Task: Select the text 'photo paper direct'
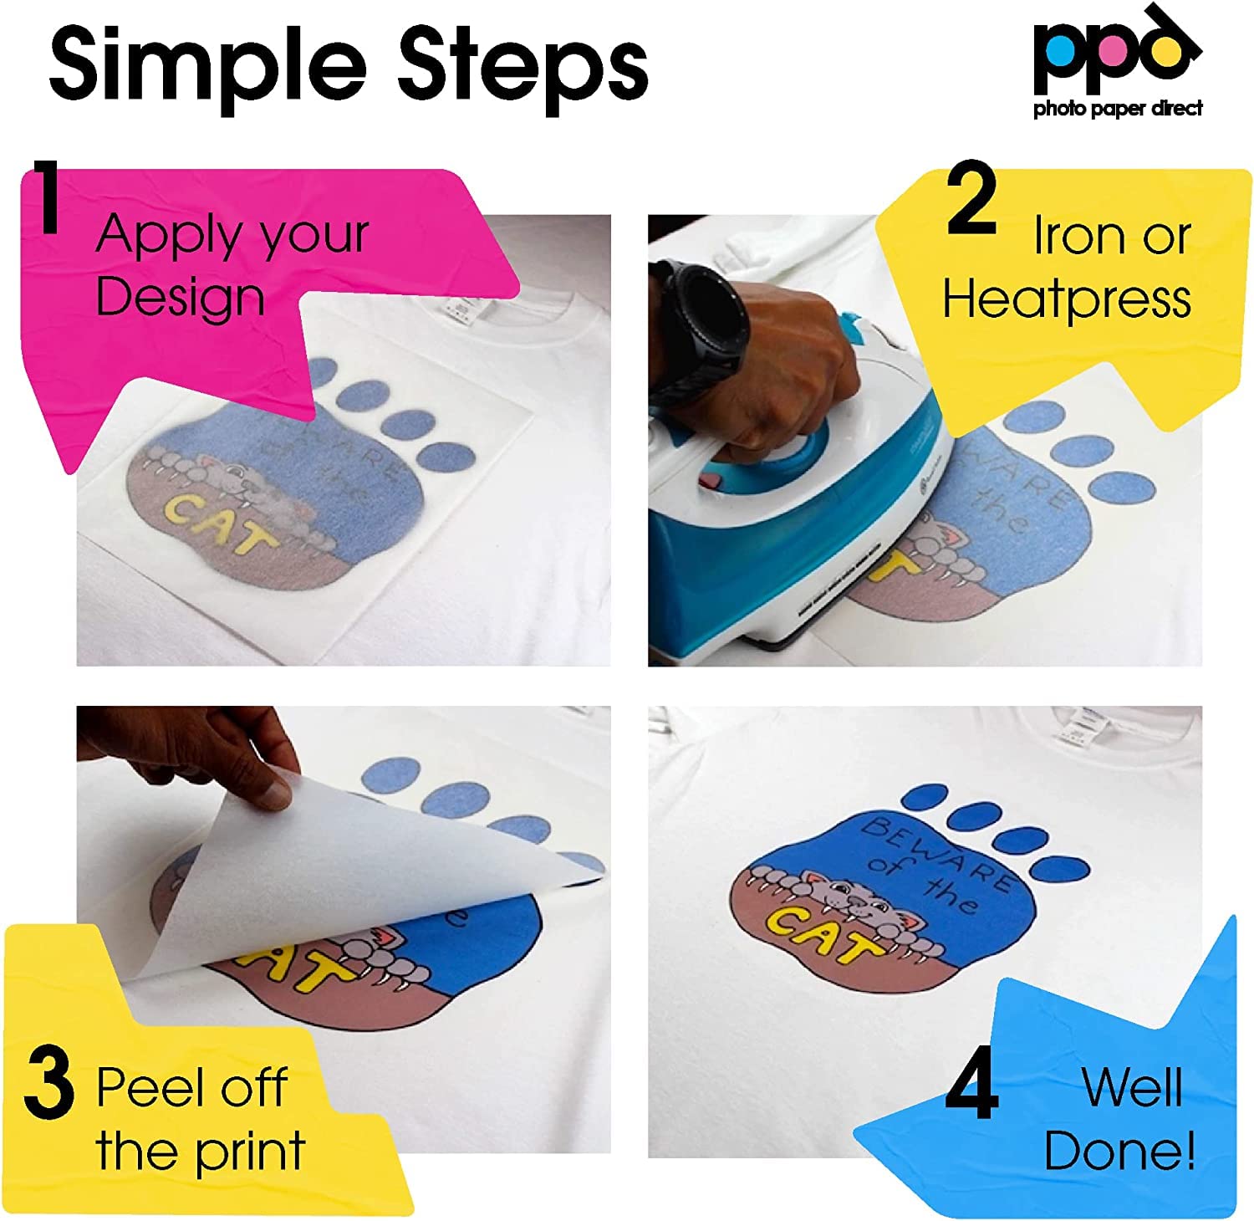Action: tap(1118, 108)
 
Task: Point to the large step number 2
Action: tap(971, 201)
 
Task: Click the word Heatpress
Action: tap(1067, 299)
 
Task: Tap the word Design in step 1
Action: tap(180, 298)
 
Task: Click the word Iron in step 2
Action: tap(1074, 236)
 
